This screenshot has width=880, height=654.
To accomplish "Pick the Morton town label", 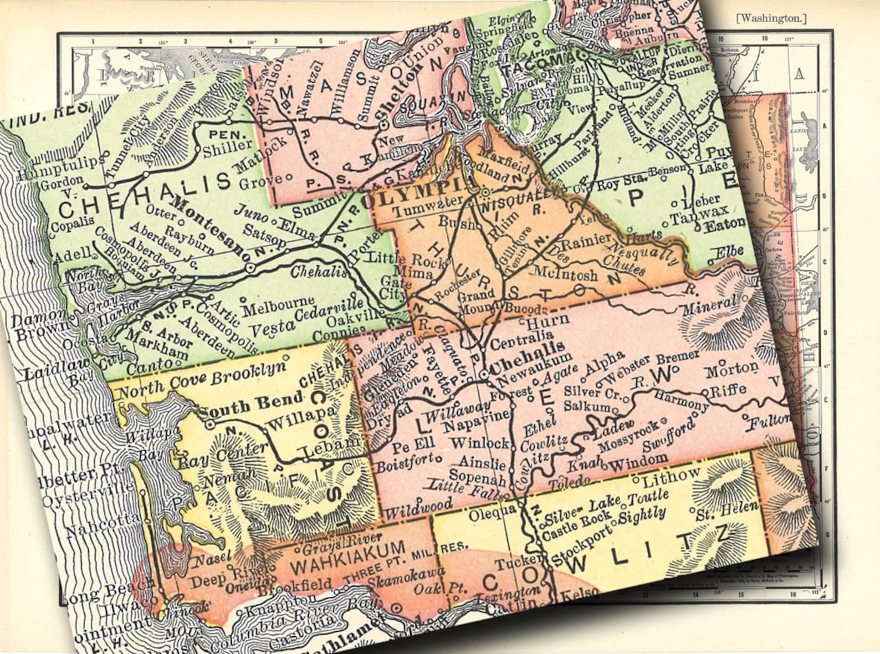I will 731,368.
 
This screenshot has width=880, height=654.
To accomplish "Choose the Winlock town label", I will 480,443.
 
